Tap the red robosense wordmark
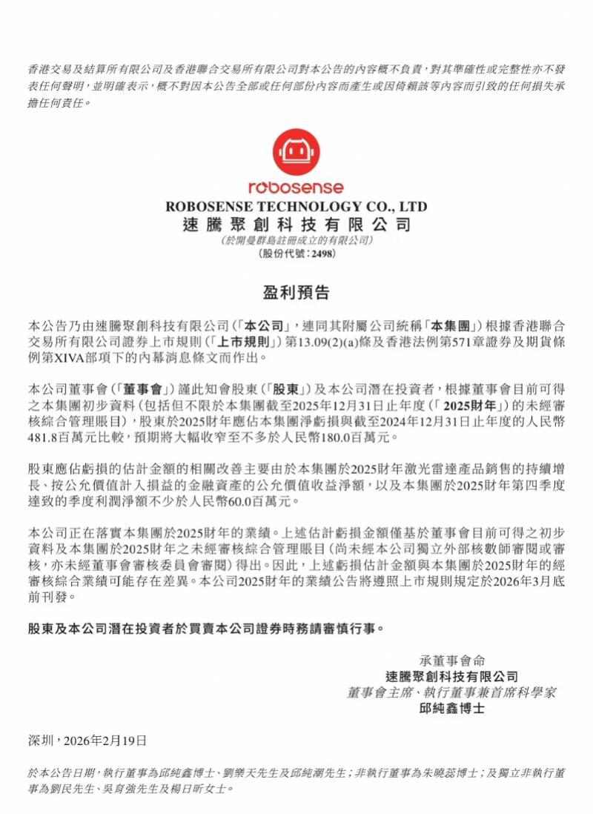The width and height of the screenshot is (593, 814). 296,188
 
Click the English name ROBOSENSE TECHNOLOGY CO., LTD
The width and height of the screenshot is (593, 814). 296,206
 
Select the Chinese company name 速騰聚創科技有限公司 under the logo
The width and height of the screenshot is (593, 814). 296,224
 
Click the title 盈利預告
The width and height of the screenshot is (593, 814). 296,291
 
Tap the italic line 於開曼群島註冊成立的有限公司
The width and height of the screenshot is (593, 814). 296,240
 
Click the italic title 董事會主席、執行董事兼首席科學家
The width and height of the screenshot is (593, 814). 451,692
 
